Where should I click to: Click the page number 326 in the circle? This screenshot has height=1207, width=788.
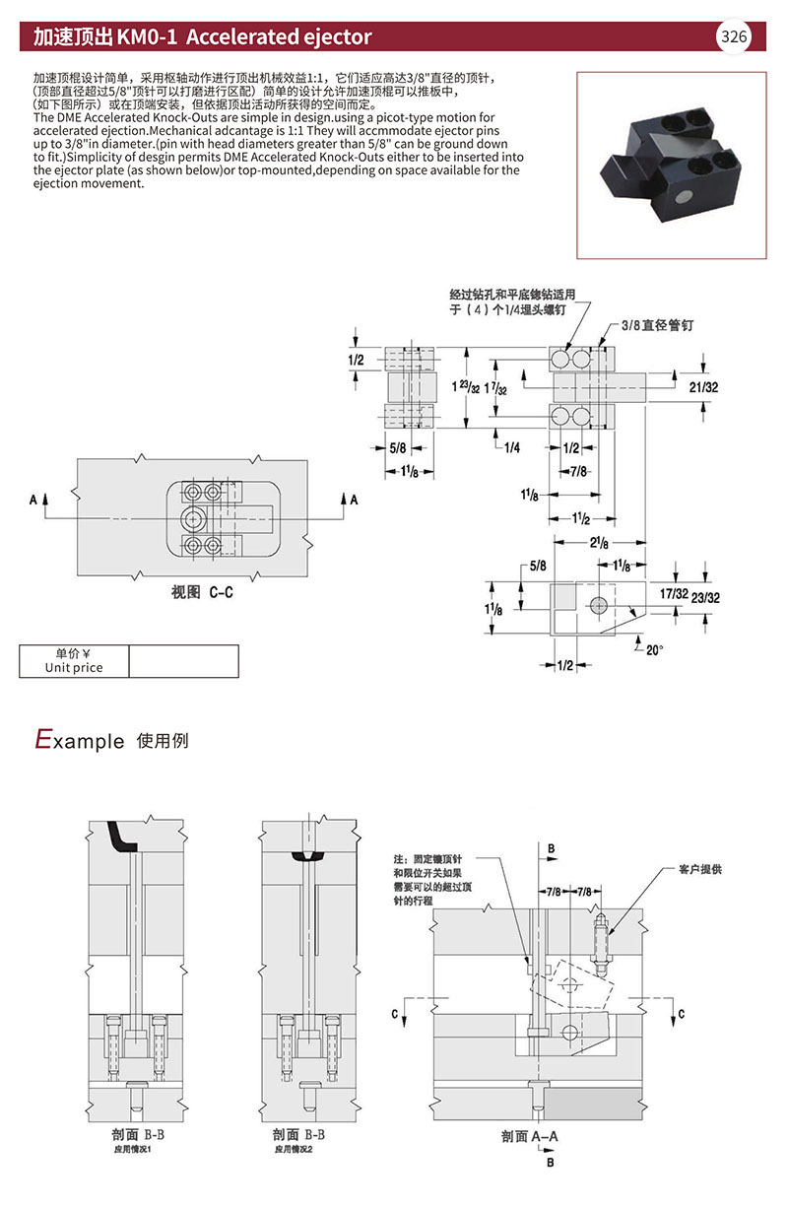point(734,37)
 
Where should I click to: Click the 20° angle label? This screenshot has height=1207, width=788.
point(653,649)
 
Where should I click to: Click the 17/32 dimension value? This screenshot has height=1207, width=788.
point(673,594)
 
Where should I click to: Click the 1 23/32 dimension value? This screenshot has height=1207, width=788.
point(466,387)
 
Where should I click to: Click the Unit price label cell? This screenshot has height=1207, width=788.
point(74,661)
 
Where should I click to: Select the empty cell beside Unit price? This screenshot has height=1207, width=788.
point(183,661)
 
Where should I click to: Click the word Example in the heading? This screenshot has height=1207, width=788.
point(80,740)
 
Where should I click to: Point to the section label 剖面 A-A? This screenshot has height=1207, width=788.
point(529,1136)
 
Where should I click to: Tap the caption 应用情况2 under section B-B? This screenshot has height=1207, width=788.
point(295,1149)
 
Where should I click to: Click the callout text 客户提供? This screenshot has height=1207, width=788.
point(700,870)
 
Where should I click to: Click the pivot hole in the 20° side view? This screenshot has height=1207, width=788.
point(597,603)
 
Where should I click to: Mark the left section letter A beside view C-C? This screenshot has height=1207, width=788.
point(33,501)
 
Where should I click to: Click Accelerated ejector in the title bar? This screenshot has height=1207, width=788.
point(279,37)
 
